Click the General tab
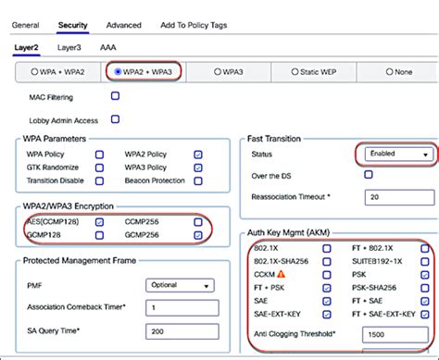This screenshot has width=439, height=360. click(x=25, y=25)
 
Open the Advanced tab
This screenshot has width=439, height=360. click(x=124, y=25)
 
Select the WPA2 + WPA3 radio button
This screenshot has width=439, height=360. click(x=118, y=70)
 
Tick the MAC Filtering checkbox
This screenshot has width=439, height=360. click(x=116, y=95)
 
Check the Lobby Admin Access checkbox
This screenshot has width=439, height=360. click(x=116, y=118)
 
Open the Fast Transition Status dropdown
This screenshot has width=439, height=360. click(x=395, y=154)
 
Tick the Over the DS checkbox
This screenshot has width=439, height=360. click(x=369, y=174)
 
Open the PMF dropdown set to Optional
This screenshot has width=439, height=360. click(x=182, y=285)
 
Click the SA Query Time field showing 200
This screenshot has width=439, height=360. click(x=182, y=329)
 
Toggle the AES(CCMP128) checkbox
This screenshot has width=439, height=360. click(x=99, y=222)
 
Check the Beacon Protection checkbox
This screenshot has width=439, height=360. click(x=198, y=180)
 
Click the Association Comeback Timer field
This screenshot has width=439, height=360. click(x=182, y=307)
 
